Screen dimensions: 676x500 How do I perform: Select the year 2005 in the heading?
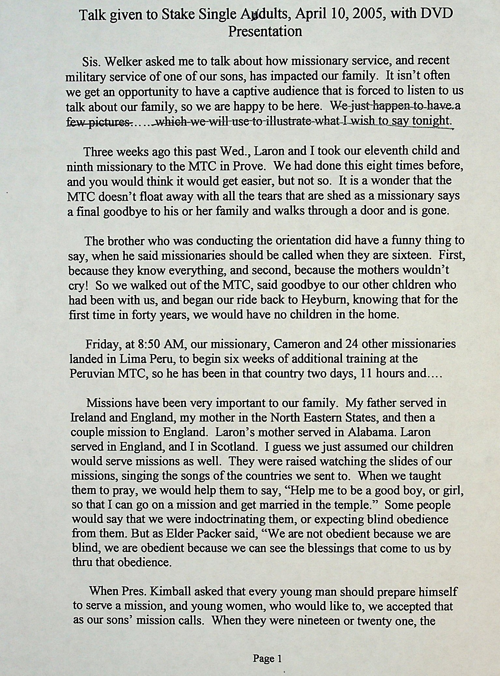click(367, 15)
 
